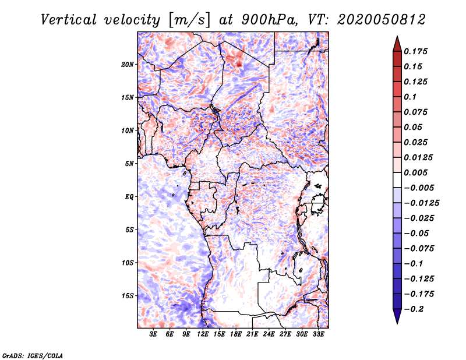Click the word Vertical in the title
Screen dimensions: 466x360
[69, 20]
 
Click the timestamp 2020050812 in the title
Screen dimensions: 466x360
[382, 20]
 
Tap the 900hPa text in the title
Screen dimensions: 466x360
[269, 20]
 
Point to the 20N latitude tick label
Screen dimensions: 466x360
[128, 65]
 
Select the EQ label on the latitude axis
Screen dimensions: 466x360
[129, 197]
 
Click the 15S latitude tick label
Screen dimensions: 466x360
[128, 296]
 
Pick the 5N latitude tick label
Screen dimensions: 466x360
[129, 164]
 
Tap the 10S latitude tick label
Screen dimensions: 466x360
[128, 263]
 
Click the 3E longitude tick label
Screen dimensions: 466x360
[153, 334]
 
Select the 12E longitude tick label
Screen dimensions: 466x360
[203, 334]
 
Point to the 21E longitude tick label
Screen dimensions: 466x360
[252, 334]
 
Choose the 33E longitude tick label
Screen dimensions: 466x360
[318, 334]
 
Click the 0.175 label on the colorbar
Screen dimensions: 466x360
[415, 51]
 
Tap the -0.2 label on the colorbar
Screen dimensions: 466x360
[414, 309]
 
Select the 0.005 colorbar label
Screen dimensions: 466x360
[415, 172]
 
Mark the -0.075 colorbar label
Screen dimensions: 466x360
[419, 249]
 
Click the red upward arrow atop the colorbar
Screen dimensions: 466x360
[397, 45]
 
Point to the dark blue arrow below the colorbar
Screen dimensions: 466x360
[397, 316]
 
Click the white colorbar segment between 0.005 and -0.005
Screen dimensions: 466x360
[397, 180]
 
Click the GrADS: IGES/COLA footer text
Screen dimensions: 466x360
[33, 356]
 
